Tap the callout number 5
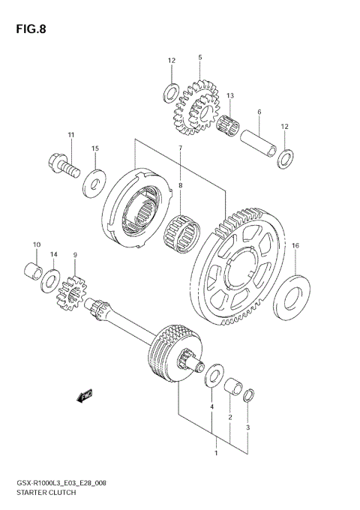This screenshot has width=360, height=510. pos(200,57)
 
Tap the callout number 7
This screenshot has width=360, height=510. pos(180,148)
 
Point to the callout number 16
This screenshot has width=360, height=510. pos(295,245)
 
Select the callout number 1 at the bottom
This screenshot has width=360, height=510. pos(216,454)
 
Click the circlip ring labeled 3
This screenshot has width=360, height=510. pos(250,394)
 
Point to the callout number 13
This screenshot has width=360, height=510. pos(230,96)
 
